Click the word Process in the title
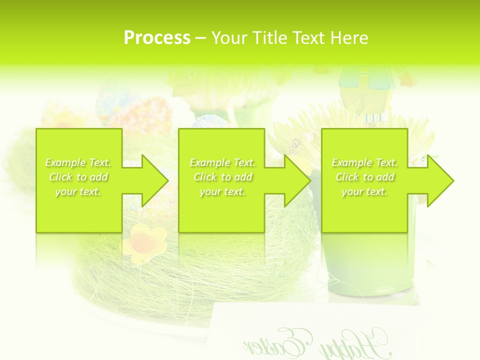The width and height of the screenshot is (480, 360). click(157, 38)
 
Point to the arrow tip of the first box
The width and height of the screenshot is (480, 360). click(166, 180)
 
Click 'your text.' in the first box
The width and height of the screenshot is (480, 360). click(78, 191)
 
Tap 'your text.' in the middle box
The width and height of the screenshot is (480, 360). click(222, 191)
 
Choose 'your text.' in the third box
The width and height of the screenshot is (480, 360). click(364, 191)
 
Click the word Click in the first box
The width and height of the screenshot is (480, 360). click(60, 177)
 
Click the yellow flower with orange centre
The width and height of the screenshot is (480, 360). click(144, 242)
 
